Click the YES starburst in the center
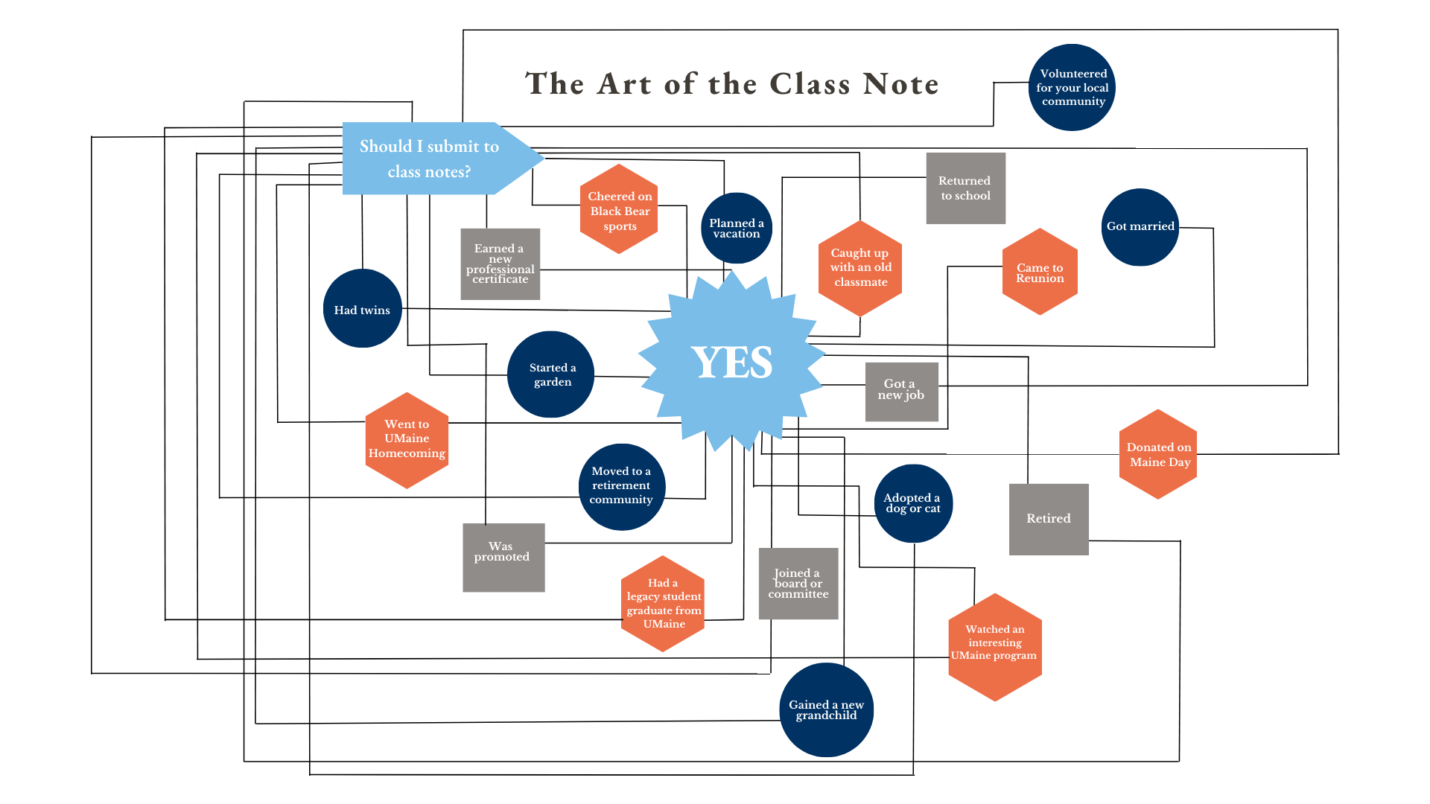point(732,363)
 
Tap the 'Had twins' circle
point(362,309)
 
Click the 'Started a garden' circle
point(551,374)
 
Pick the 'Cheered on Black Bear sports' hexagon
point(619,209)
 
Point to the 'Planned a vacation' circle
point(736,228)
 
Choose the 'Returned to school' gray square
point(965,188)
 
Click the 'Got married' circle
point(1140,226)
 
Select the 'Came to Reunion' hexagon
point(1040,272)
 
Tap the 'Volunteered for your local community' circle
point(1072,87)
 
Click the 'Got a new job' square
point(901,392)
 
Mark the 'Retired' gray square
point(1048,519)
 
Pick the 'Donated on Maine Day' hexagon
point(1158,454)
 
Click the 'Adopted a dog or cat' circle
point(912,503)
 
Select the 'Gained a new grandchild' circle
point(826,709)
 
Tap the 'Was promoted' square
point(503,557)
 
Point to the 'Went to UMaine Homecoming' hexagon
point(407,440)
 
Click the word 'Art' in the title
point(626,83)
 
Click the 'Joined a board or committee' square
point(798,584)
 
